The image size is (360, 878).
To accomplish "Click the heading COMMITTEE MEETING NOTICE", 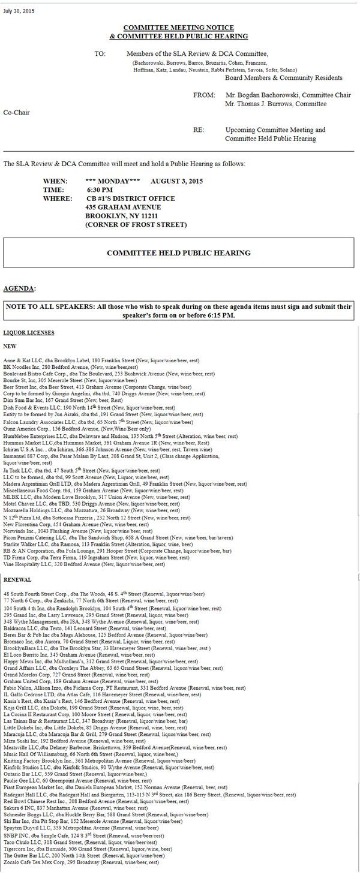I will tap(178, 28).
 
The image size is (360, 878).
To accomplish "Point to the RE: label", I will tap(199, 130).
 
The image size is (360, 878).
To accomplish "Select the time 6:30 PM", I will tap(100, 190).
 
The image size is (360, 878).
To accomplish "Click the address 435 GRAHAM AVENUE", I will tap(123, 207).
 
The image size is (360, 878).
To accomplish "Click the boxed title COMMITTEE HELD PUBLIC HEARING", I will tap(178, 252).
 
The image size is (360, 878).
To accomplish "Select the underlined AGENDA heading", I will tap(19, 288).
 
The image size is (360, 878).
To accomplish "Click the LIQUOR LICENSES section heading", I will tap(29, 332).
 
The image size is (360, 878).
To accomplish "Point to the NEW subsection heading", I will tap(10, 346).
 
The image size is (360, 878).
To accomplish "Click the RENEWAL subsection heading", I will tap(17, 579).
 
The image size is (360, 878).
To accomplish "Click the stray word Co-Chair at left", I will tap(16, 112).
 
